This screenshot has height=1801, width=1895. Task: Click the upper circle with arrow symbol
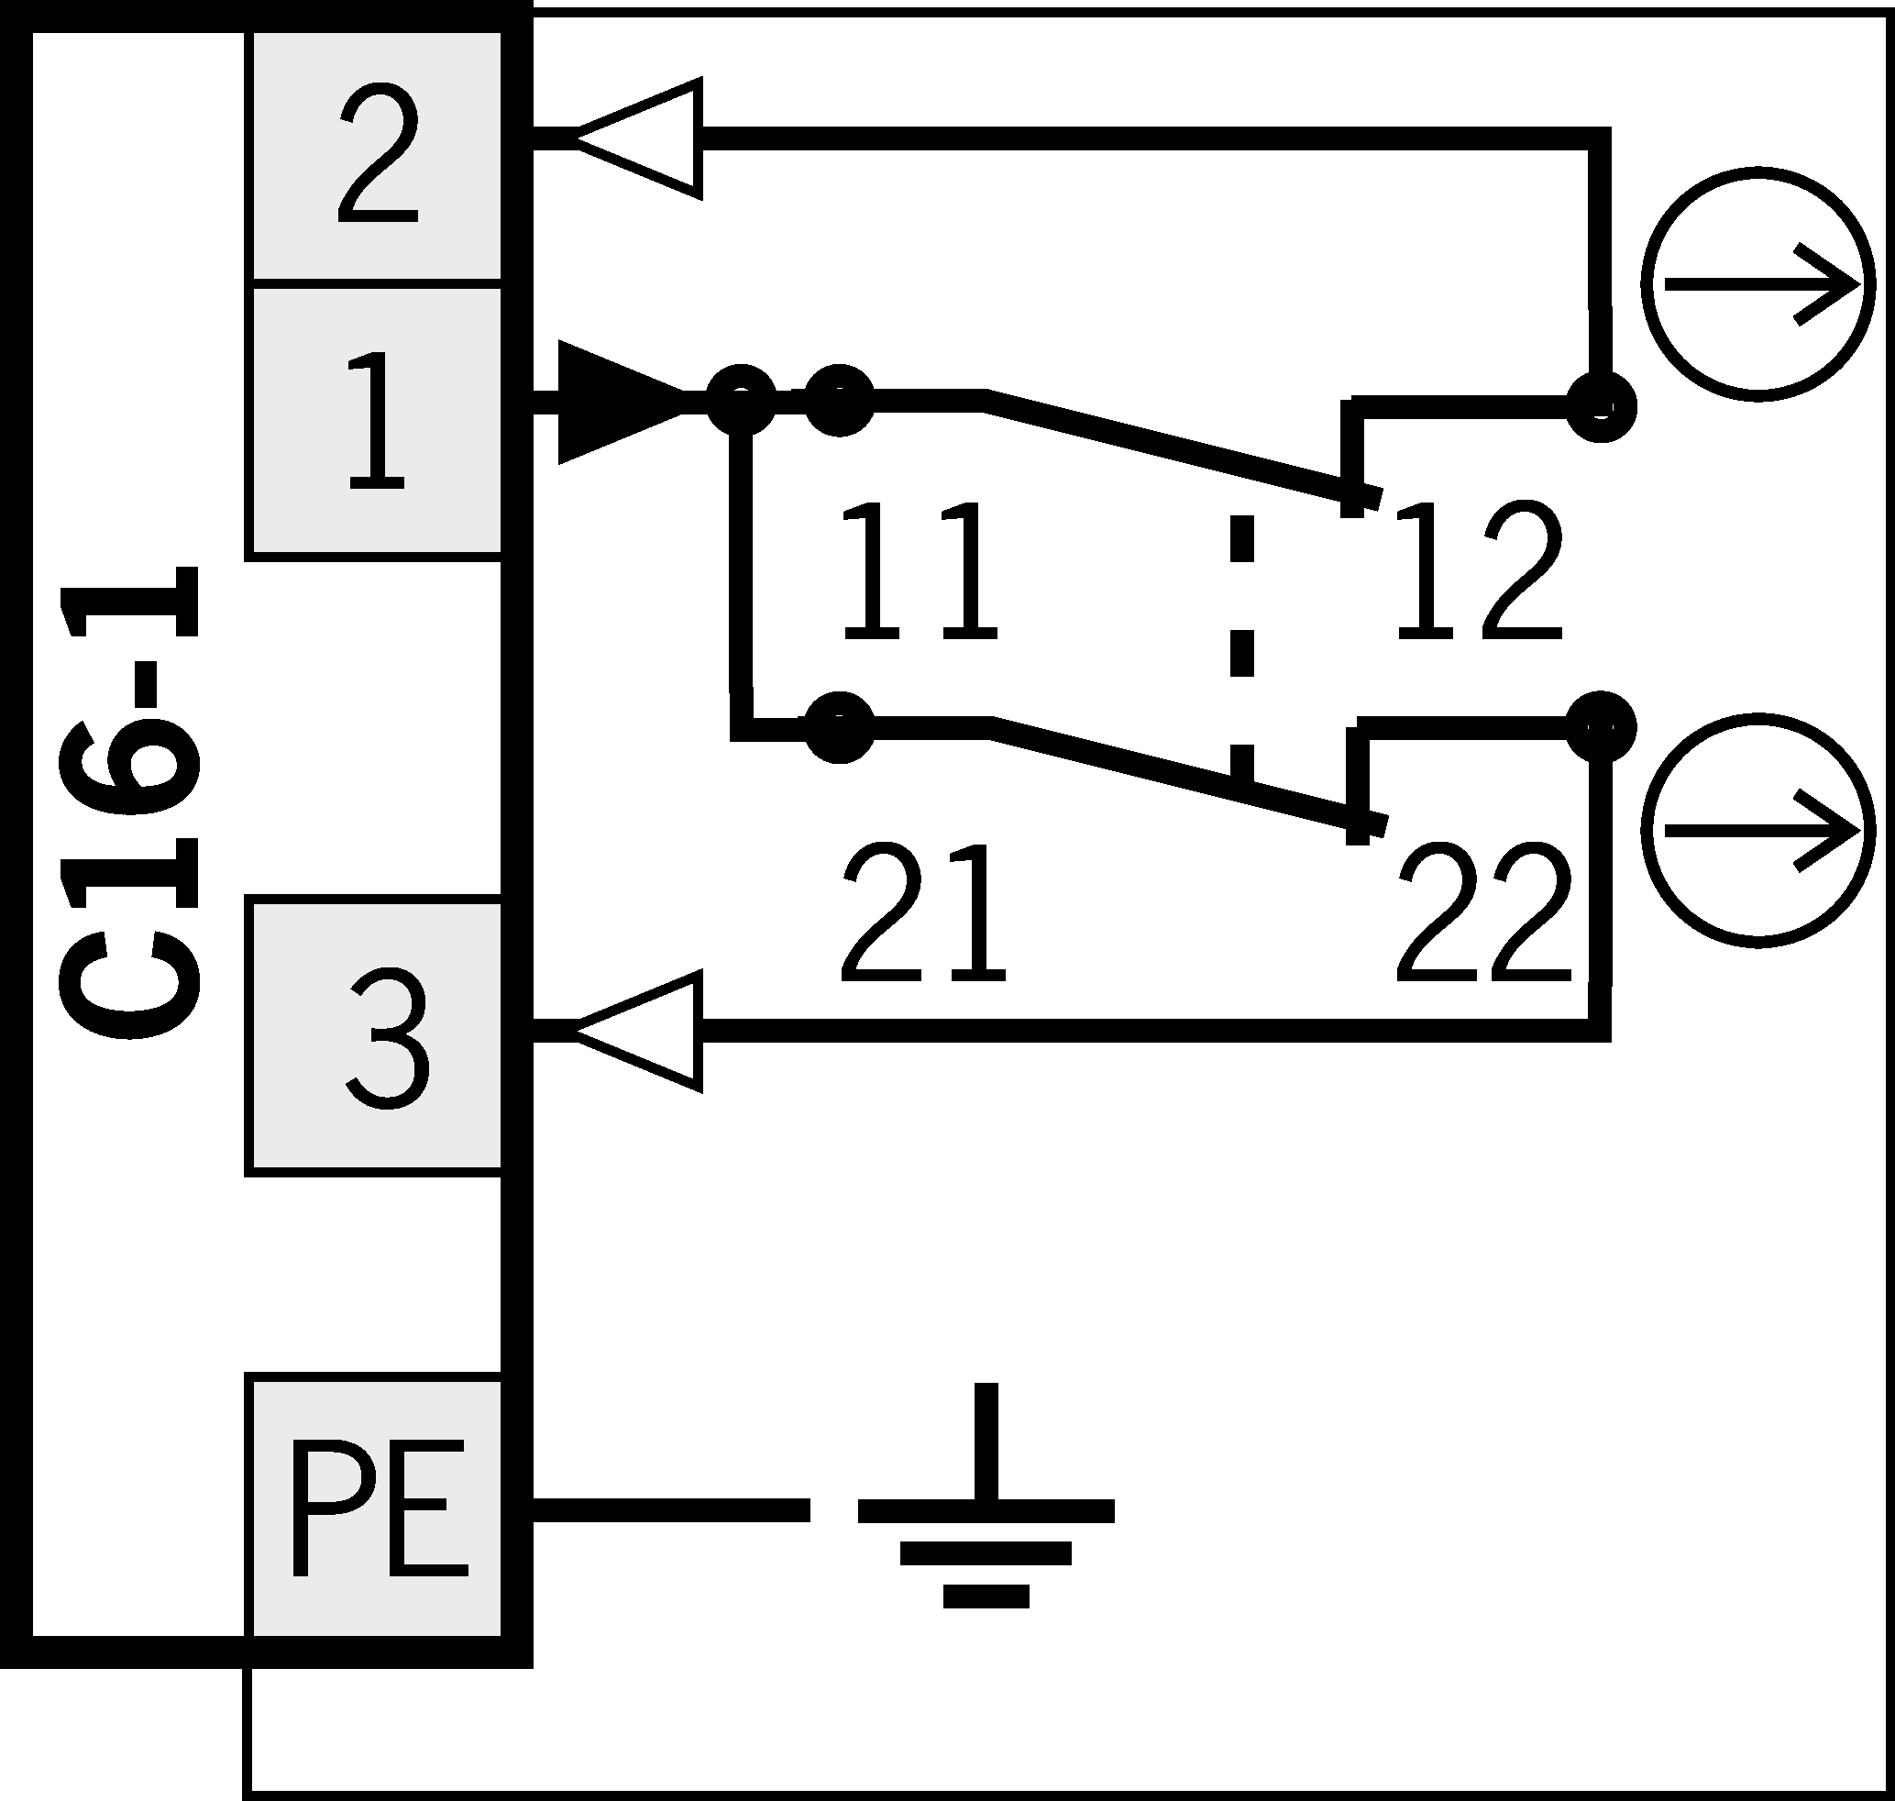point(1757,284)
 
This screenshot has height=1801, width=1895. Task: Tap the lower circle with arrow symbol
point(1757,831)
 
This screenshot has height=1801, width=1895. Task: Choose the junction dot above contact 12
point(1601,407)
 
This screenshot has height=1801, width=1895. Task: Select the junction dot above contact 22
point(1601,725)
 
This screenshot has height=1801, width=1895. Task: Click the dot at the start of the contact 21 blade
point(839,727)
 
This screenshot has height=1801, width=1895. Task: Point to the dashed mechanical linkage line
point(1242,643)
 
